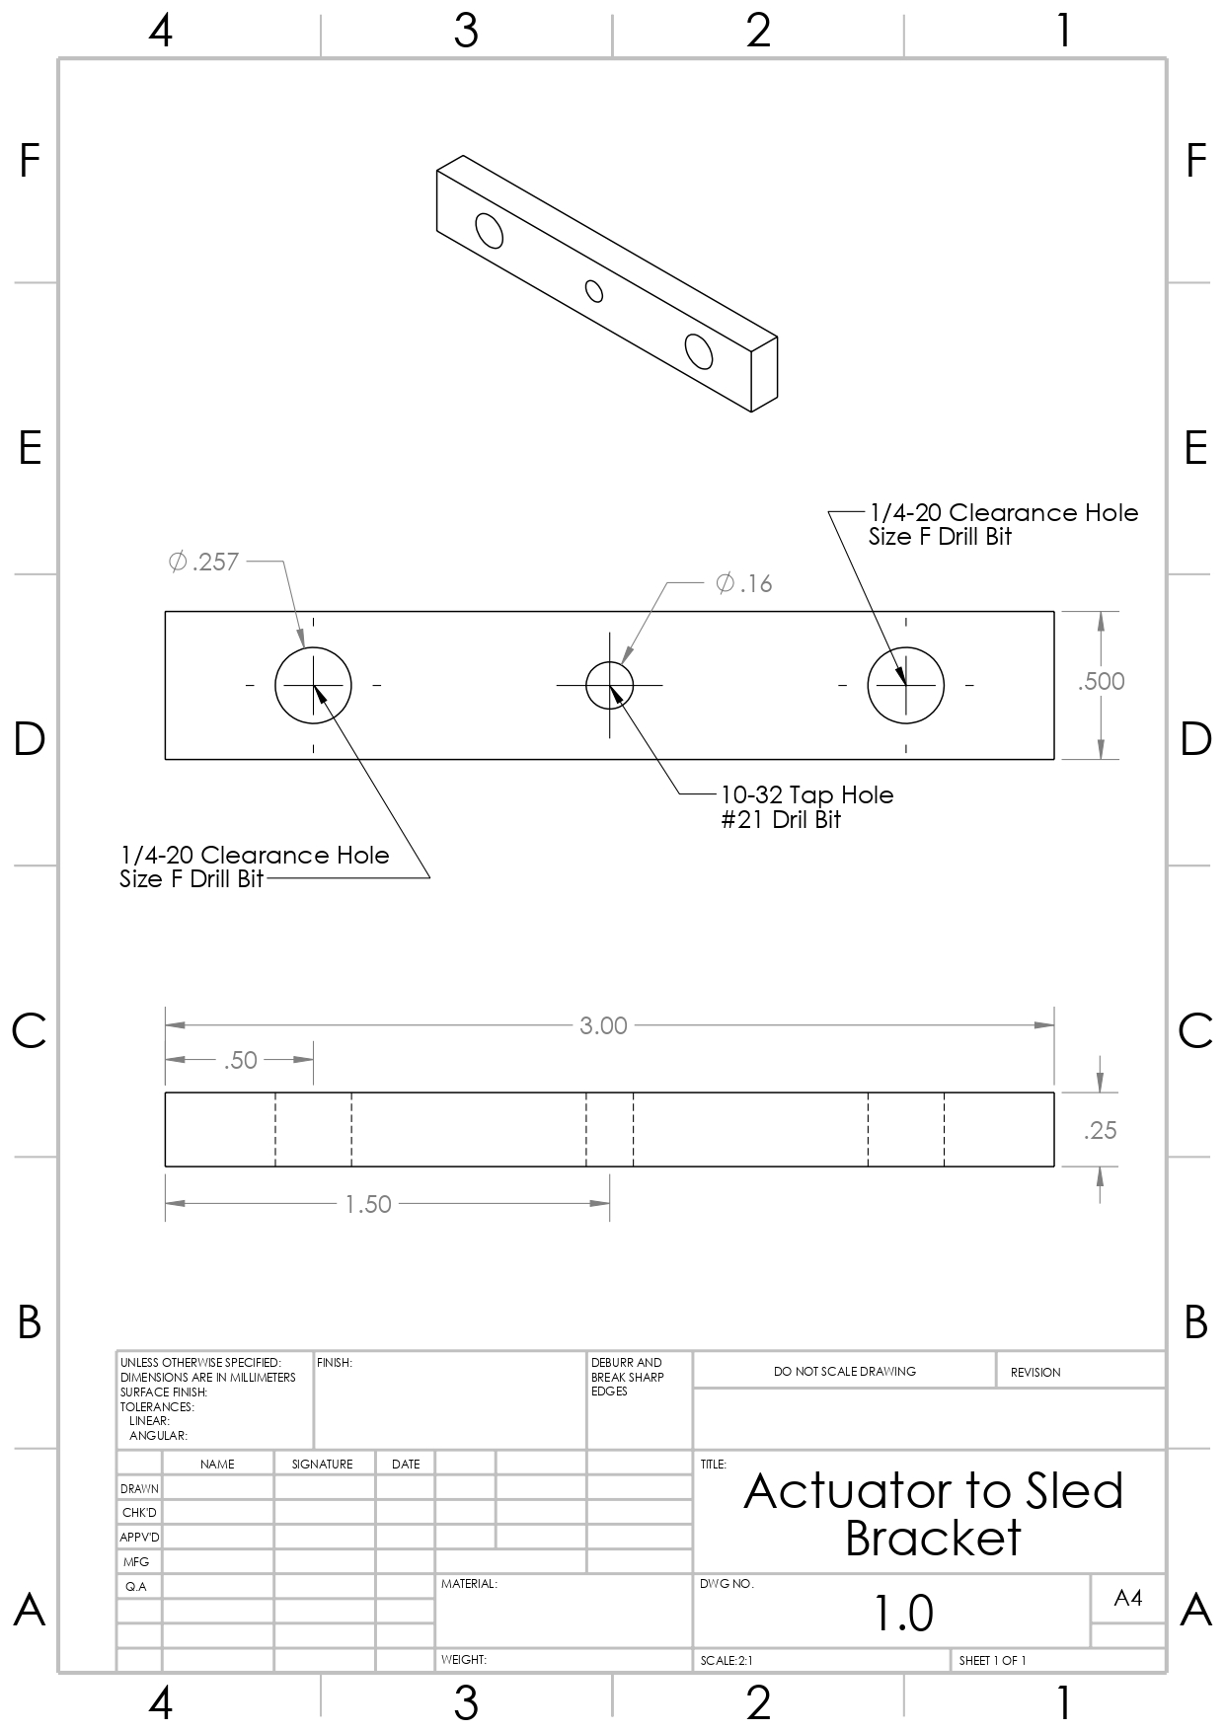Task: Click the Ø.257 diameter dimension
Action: (x=204, y=563)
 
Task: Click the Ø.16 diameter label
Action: (x=744, y=584)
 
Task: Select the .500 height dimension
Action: (x=1101, y=681)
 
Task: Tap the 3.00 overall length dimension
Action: (x=603, y=1026)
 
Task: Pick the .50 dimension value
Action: (x=240, y=1061)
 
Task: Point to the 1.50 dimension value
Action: (x=368, y=1205)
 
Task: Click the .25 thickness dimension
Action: (x=1100, y=1131)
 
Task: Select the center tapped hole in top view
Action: (x=610, y=685)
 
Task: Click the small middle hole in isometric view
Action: (x=594, y=290)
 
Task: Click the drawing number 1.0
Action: (x=903, y=1613)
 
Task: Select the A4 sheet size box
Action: (x=1127, y=1598)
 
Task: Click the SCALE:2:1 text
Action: (x=727, y=1661)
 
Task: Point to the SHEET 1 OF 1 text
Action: (x=992, y=1661)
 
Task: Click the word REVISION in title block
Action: (x=1034, y=1373)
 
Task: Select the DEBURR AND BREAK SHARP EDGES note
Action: (x=627, y=1377)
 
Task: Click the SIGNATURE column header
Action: (x=322, y=1465)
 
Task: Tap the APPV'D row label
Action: (x=139, y=1538)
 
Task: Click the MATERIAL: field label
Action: (x=469, y=1584)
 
